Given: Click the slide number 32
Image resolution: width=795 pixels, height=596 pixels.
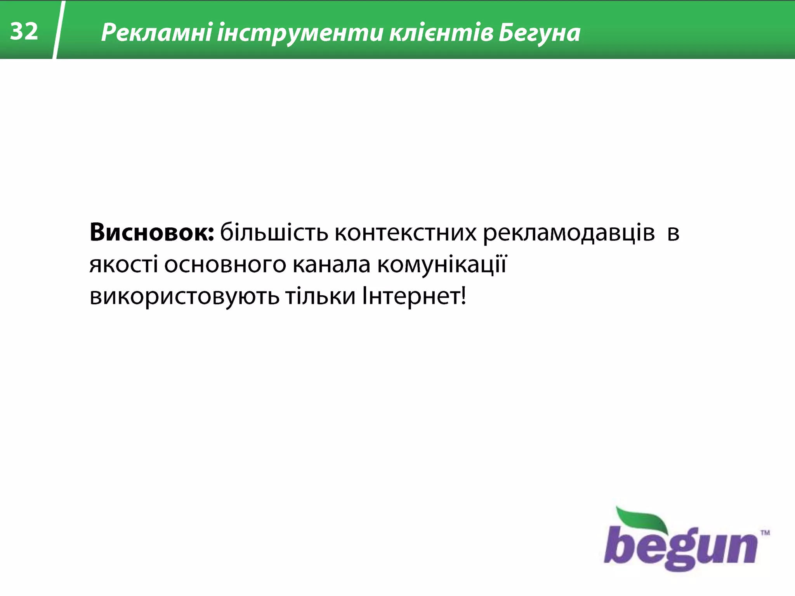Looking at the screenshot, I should pos(24,31).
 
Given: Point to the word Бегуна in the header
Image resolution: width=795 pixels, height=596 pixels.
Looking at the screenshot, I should pos(540,33).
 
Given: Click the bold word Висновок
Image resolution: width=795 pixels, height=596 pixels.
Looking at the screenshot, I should pos(151,232).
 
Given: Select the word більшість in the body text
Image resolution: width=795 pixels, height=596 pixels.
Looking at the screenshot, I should pos(274,232).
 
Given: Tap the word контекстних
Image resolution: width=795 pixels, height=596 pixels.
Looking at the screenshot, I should pos(405,232).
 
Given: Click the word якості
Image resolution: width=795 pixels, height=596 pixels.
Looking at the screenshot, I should pos(123,265).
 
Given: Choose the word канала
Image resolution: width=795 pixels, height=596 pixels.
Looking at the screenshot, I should pos(331,265).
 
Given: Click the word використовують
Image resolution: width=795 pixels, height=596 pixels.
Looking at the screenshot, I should pos(184,297).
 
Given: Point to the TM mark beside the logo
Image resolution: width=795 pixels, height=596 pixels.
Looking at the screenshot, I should pos(765,533).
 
